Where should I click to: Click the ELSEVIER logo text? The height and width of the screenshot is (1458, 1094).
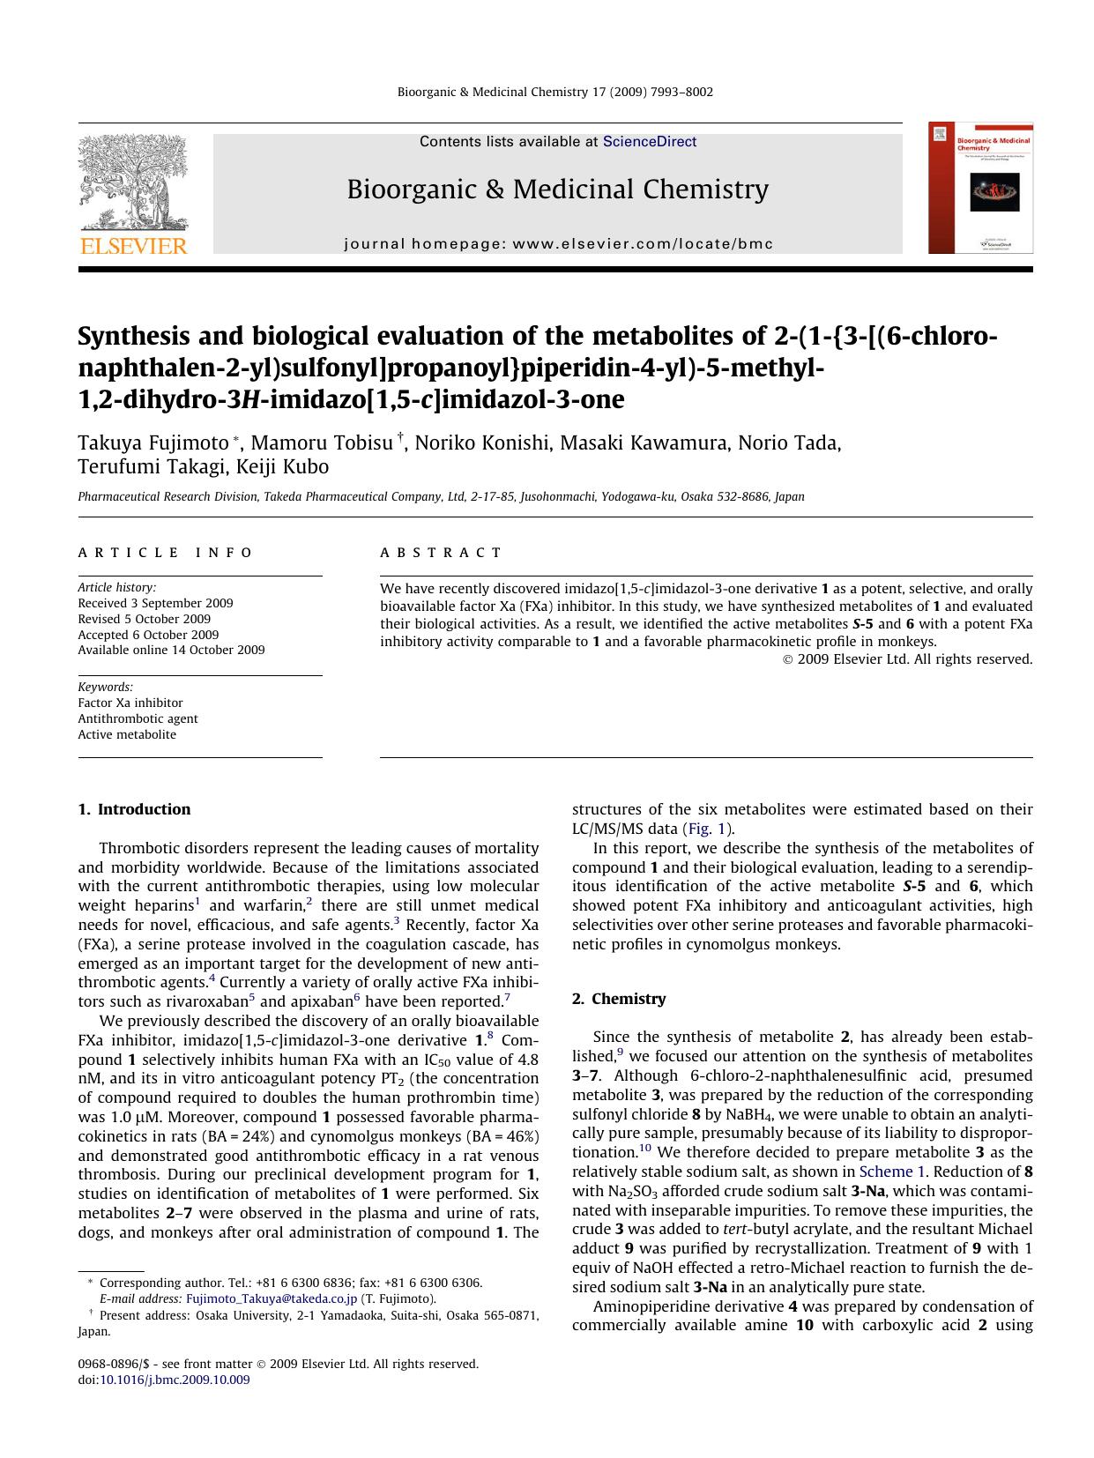click(x=134, y=246)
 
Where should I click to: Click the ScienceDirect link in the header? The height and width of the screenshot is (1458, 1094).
click(x=650, y=142)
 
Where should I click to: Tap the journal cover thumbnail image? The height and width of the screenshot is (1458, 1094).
click(x=980, y=188)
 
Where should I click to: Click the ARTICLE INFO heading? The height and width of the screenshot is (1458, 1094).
click(x=166, y=553)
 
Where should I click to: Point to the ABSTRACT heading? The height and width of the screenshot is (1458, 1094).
click(x=441, y=553)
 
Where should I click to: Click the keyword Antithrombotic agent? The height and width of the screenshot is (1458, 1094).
click(x=138, y=718)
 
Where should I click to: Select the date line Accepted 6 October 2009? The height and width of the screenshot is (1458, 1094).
click(x=148, y=635)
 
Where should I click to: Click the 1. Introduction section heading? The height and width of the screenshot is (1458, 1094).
click(x=134, y=809)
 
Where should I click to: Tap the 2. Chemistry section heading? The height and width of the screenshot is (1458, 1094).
click(x=619, y=999)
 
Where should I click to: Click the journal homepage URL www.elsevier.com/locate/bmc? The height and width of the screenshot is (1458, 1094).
click(x=642, y=243)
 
